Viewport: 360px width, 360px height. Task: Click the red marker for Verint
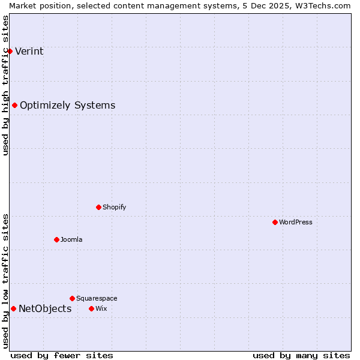click(x=10, y=51)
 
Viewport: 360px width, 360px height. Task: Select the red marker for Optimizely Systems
click(x=15, y=106)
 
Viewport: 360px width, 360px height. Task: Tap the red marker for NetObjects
click(x=13, y=309)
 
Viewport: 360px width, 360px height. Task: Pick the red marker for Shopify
click(x=98, y=208)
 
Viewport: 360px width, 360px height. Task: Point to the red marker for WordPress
click(x=275, y=223)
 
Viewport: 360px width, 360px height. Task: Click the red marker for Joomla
click(x=56, y=240)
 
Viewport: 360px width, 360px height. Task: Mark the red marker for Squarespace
click(x=72, y=298)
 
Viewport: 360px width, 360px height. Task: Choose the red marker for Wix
click(x=91, y=309)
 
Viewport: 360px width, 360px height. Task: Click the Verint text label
click(x=29, y=51)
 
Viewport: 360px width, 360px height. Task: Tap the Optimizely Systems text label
click(x=67, y=106)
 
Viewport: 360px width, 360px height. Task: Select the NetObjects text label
click(x=45, y=309)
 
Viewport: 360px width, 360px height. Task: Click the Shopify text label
click(x=114, y=208)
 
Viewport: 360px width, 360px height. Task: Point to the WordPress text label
click(x=296, y=223)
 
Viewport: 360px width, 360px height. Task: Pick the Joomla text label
click(x=71, y=240)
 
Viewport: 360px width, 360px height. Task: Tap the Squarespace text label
click(x=97, y=298)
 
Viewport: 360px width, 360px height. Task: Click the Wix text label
click(x=101, y=309)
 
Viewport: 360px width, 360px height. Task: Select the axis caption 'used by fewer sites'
click(x=62, y=356)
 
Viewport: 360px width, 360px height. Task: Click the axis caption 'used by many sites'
click(x=301, y=356)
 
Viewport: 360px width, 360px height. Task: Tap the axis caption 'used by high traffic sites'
click(x=5, y=85)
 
